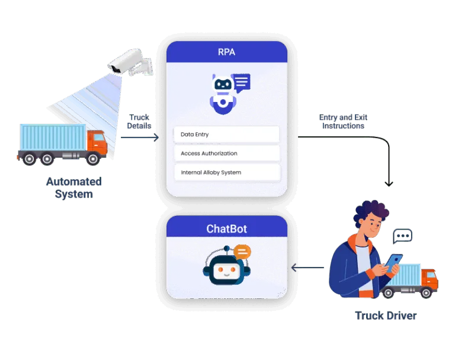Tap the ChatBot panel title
(x=226, y=229)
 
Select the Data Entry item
(x=226, y=135)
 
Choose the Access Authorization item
(x=226, y=154)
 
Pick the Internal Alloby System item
(x=226, y=173)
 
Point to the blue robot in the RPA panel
(x=223, y=92)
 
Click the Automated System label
(x=75, y=187)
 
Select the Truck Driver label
(x=386, y=316)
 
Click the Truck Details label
(x=139, y=121)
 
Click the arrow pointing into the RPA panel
(x=155, y=138)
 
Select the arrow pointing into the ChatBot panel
(x=295, y=269)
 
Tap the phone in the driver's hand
(x=395, y=260)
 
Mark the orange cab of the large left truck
(x=97, y=142)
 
